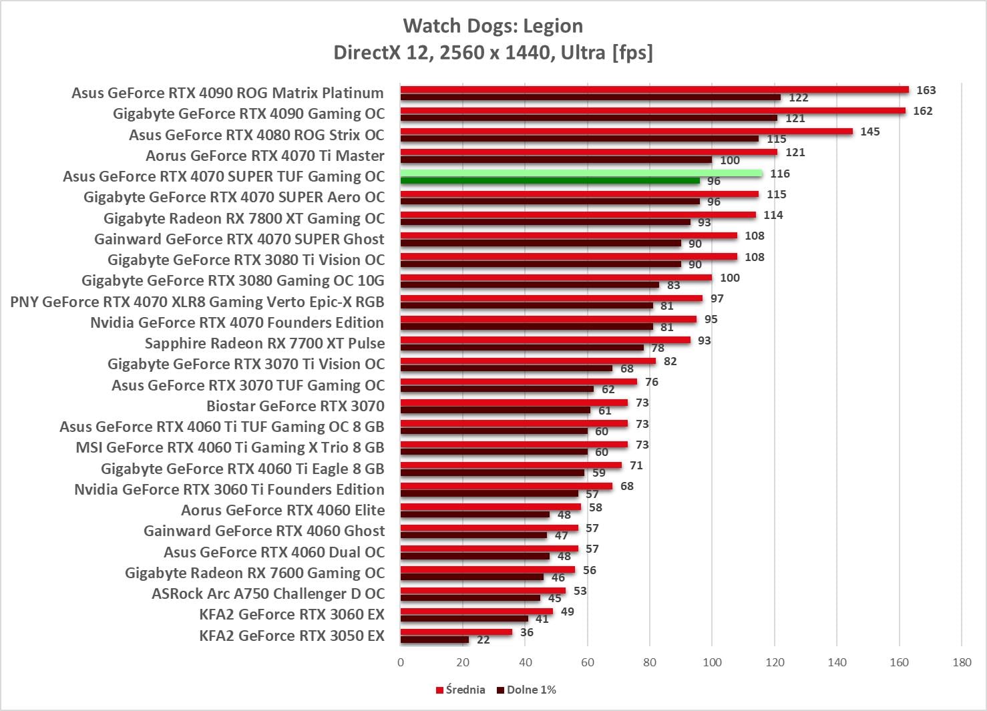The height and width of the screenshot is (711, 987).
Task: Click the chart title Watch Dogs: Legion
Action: [x=493, y=26]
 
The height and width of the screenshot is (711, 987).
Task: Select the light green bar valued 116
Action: [x=581, y=174]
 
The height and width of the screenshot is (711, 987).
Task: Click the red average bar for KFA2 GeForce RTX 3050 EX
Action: [x=456, y=632]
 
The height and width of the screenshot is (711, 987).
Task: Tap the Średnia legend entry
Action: [x=461, y=690]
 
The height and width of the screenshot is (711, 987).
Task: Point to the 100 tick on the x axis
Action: [x=712, y=662]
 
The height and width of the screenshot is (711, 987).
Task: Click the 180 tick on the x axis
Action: [x=962, y=662]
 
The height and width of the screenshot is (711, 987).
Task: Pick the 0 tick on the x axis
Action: [x=401, y=662]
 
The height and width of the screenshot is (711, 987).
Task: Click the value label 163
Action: [x=926, y=90]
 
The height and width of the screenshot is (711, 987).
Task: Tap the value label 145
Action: [x=869, y=132]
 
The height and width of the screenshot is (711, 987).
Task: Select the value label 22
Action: [x=483, y=640]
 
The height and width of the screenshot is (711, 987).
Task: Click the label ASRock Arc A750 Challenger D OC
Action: [x=268, y=594]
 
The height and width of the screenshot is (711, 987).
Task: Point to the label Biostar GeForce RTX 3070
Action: [x=295, y=406]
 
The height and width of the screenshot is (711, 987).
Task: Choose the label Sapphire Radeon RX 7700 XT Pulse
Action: [x=264, y=343]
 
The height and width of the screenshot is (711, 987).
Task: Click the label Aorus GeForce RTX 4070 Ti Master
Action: [x=265, y=156]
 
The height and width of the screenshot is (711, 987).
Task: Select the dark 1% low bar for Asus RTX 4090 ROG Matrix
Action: [x=590, y=97]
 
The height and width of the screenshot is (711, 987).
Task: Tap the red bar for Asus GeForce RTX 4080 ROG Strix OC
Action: [x=626, y=132]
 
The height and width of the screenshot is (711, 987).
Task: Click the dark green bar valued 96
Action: [x=550, y=181]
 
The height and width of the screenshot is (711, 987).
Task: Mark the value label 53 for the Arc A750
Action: [x=580, y=591]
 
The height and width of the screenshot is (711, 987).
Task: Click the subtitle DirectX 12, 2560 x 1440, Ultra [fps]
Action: [x=493, y=52]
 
